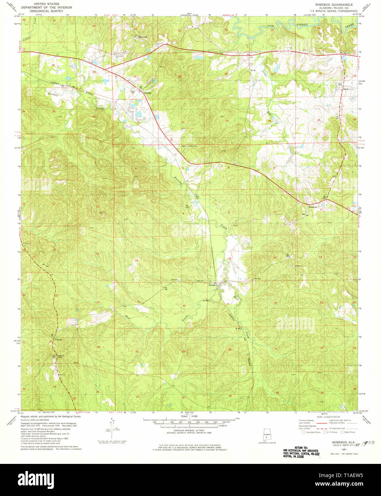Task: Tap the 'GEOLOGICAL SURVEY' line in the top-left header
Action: pos(42,11)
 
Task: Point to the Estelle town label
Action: pos(148,93)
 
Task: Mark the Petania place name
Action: pos(58,339)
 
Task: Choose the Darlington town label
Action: pos(348,89)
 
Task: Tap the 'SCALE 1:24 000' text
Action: pos(189,416)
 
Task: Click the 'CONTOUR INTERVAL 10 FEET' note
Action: pos(189,430)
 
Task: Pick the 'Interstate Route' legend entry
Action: pos(313,432)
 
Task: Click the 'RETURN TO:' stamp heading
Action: pos(301,447)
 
